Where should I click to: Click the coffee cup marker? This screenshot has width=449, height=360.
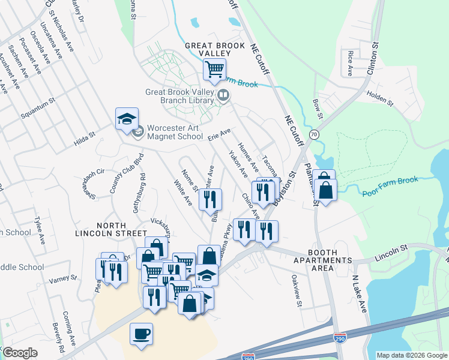tap(141, 334)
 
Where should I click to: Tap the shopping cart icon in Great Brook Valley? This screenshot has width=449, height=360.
tap(214, 69)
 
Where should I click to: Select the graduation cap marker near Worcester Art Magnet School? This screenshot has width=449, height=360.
tap(127, 119)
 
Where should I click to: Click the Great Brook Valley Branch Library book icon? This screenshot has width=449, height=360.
tap(223, 95)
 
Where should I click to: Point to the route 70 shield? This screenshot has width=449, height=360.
tap(314, 134)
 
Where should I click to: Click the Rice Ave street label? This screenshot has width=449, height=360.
tap(349, 63)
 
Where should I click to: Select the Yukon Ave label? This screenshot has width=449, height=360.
tap(238, 163)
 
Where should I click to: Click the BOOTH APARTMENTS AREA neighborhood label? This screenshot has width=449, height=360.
tap(322, 264)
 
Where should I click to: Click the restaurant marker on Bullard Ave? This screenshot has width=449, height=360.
tap(210, 199)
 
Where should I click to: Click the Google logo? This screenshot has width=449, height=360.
tap(20, 353)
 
